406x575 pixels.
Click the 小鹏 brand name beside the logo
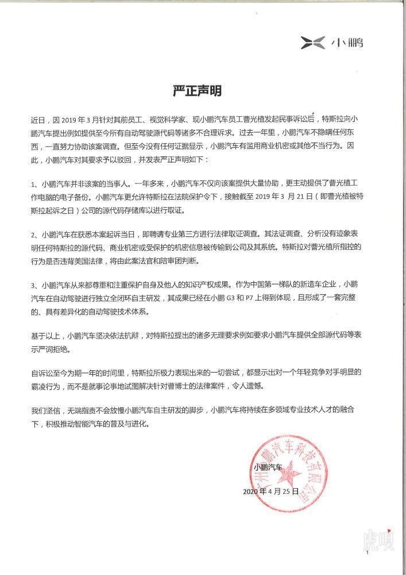tap(346, 42)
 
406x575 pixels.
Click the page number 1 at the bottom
tap(366, 553)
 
